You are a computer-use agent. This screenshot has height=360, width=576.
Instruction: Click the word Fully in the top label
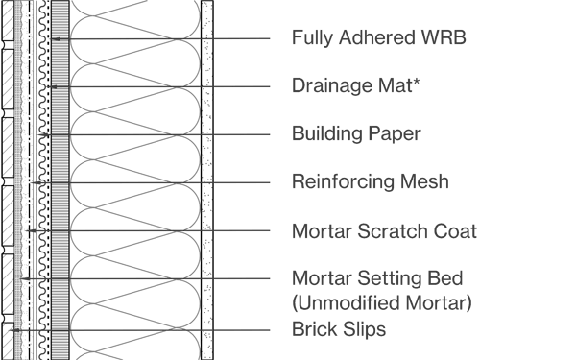[x=311, y=38]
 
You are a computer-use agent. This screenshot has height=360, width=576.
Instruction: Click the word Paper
[x=394, y=134]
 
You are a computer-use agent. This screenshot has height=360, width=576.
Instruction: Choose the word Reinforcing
[x=341, y=181]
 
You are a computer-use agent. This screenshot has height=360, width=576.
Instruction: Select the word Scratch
[x=389, y=231]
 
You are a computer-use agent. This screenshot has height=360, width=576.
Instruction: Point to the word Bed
[x=443, y=279]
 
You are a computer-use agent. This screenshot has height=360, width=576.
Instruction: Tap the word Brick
[x=314, y=329]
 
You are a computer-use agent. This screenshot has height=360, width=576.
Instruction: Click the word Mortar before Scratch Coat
[x=321, y=231]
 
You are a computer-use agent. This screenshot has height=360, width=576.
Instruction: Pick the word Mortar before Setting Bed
[x=321, y=279]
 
